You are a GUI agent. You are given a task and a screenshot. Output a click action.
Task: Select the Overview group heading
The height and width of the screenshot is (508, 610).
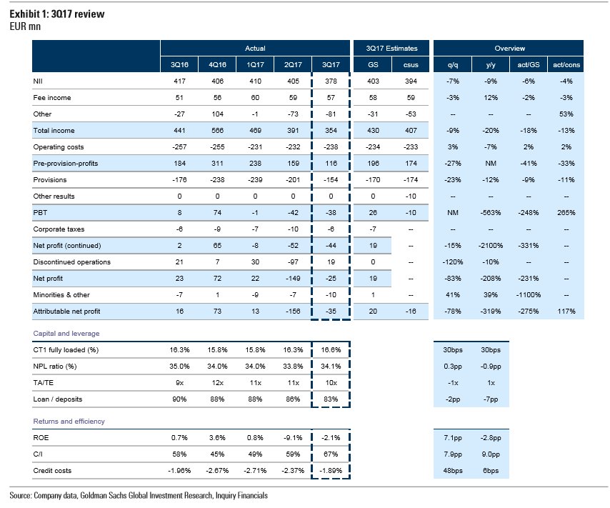(x=510, y=49)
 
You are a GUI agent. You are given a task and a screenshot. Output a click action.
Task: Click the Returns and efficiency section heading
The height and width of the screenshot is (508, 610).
(x=69, y=421)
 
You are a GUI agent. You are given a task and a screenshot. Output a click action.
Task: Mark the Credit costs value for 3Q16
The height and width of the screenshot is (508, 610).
(x=176, y=471)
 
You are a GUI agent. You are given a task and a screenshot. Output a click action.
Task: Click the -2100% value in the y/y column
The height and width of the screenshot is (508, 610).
(x=491, y=246)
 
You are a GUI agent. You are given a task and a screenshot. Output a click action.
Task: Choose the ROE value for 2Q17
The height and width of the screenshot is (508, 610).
(x=293, y=437)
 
